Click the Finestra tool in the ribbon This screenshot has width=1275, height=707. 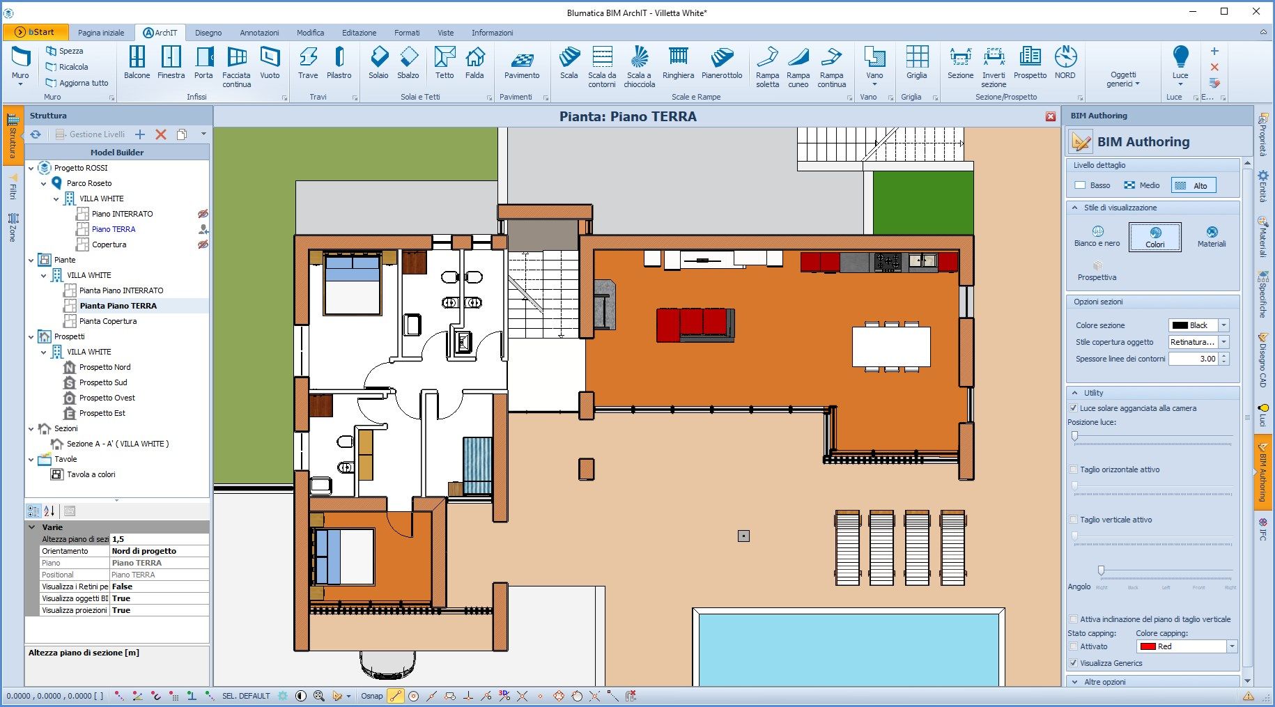[x=171, y=62]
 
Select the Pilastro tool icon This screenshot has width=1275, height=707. [x=339, y=62]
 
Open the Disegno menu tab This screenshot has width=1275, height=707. [x=208, y=33]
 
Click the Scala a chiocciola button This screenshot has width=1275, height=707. [x=639, y=66]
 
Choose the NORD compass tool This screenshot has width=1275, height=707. [x=1065, y=62]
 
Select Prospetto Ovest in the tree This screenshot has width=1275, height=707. [x=107, y=398]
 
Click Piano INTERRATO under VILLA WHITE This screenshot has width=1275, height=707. [x=122, y=214]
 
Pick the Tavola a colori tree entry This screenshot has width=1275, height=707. [x=91, y=474]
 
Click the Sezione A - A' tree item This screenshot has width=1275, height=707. [x=117, y=444]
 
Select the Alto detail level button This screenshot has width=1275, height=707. [x=1193, y=185]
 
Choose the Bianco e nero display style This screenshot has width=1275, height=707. [x=1097, y=236]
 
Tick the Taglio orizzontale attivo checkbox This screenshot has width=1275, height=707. [x=1074, y=469]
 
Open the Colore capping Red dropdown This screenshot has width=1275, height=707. [x=1231, y=646]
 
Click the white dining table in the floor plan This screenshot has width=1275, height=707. [x=891, y=346]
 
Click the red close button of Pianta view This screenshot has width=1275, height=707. [x=1051, y=116]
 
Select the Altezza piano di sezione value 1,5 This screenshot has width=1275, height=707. [x=159, y=539]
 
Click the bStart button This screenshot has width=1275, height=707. [x=36, y=32]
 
